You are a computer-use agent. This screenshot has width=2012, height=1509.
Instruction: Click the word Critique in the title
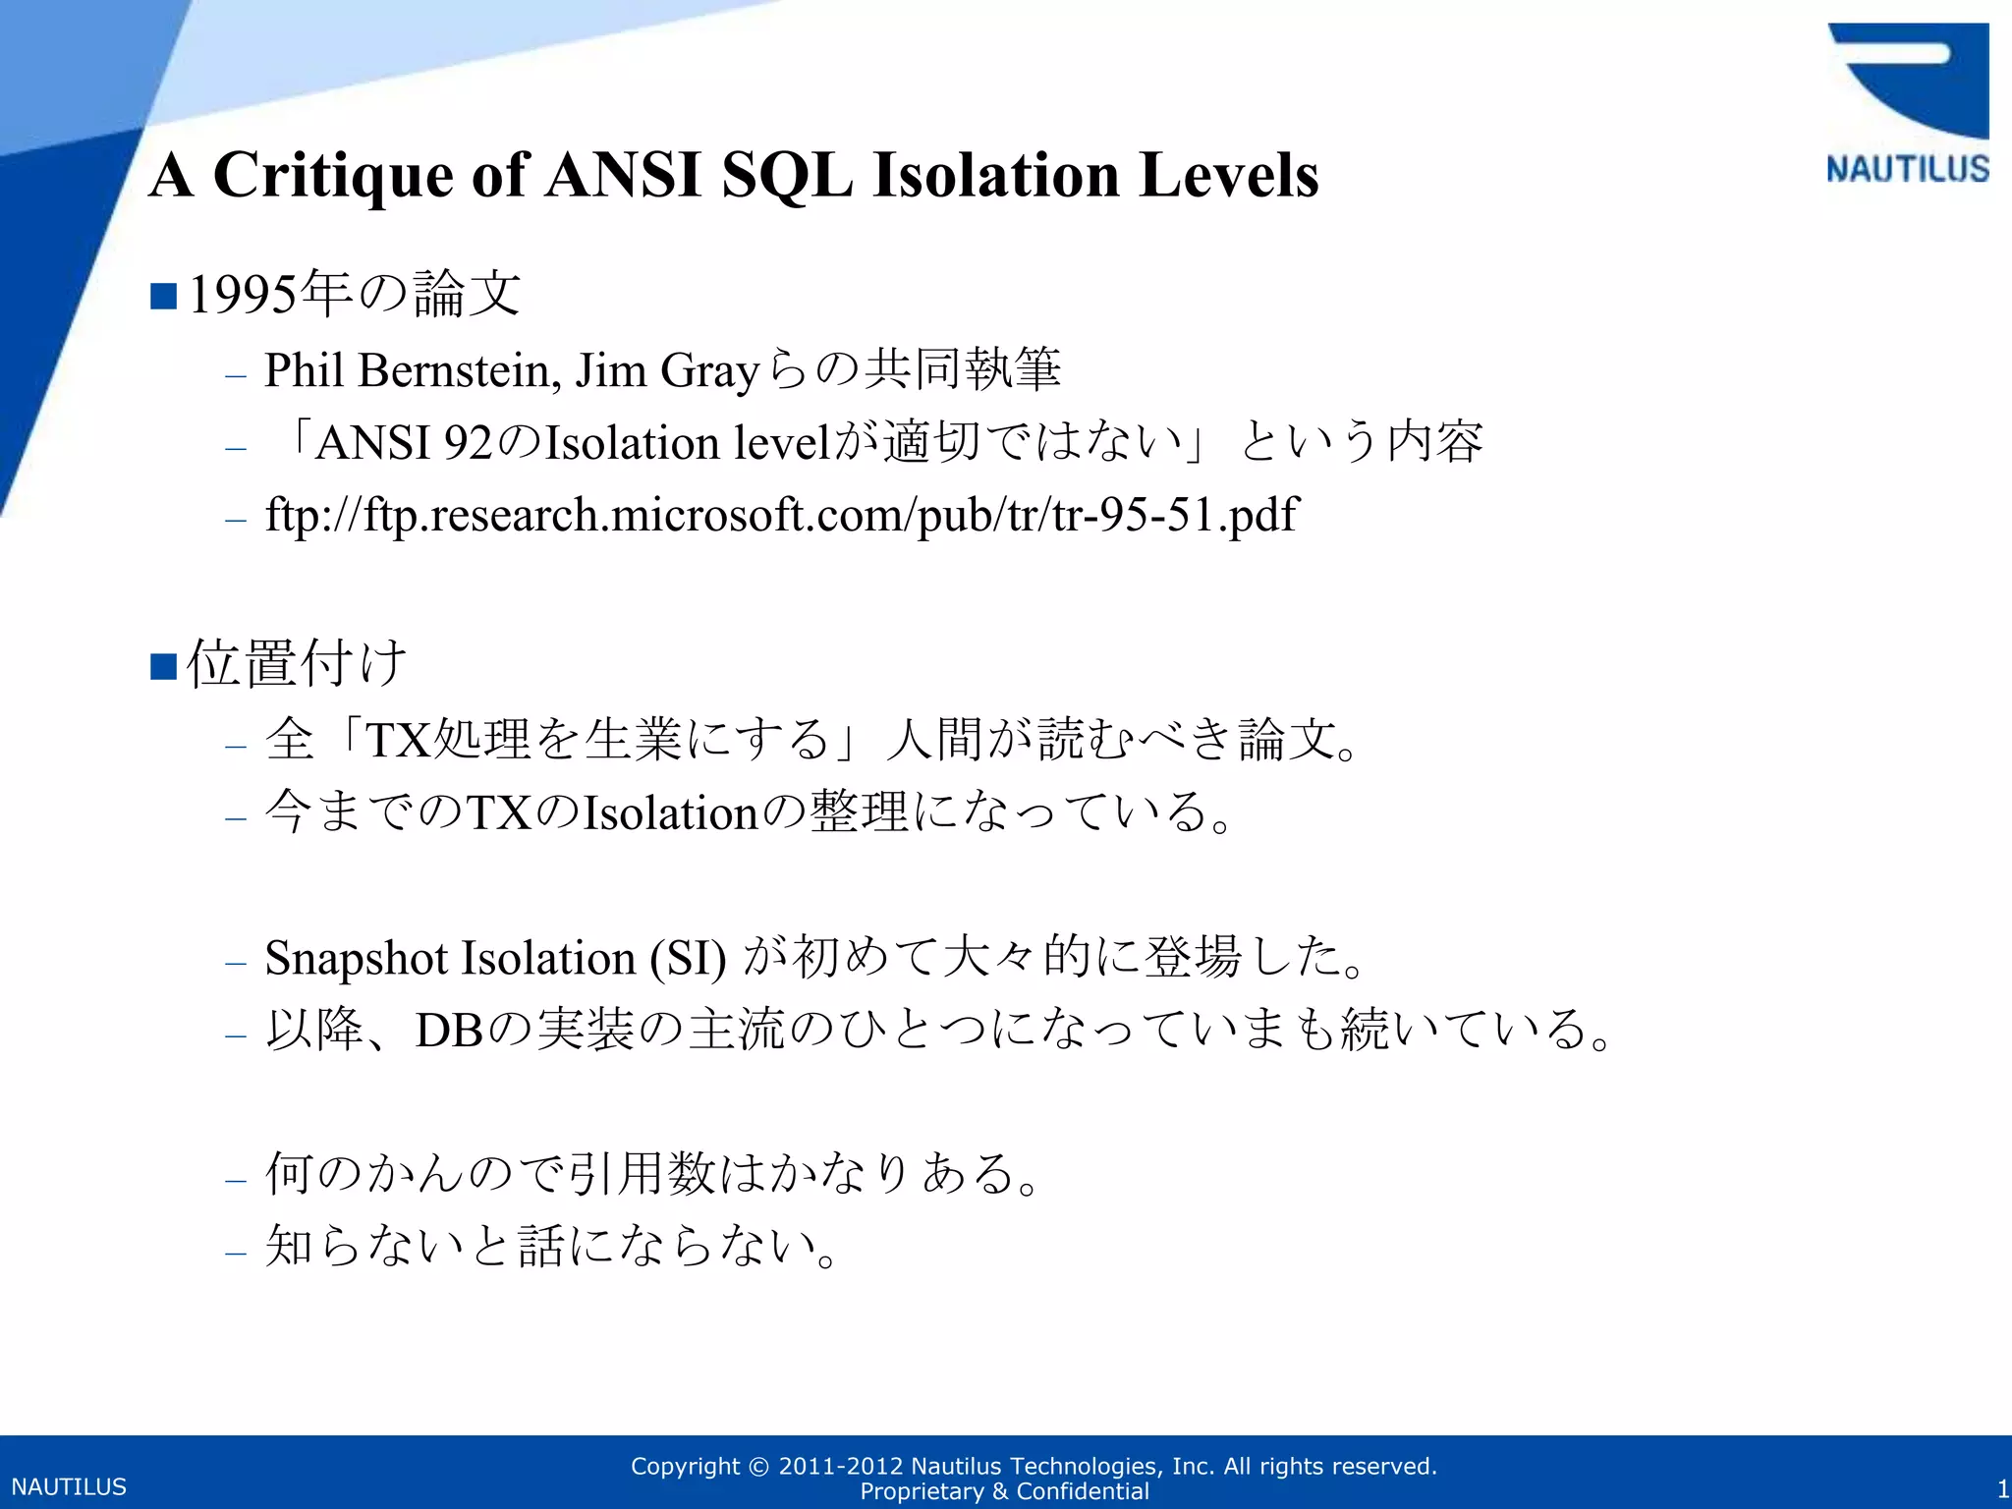(334, 175)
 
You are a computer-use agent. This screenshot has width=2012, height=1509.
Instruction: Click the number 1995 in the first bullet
(243, 295)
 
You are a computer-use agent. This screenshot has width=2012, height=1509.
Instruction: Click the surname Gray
(709, 371)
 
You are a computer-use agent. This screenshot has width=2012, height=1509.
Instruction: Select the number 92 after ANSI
(468, 443)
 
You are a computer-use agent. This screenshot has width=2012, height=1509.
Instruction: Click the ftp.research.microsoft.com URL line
(781, 515)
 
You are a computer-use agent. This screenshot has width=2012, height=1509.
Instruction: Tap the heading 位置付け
(297, 663)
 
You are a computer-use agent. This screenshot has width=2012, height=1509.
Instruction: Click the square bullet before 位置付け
(163, 666)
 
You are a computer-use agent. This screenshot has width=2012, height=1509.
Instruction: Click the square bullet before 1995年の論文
(163, 296)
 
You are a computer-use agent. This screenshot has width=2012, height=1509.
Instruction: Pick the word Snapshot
(356, 958)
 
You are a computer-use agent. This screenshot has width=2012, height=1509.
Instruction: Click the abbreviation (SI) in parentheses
(688, 958)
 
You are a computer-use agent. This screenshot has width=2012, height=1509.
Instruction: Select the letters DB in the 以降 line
(448, 1031)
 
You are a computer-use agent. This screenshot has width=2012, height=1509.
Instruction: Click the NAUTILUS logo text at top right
(1907, 169)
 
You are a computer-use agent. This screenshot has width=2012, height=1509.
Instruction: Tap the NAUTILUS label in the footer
(69, 1486)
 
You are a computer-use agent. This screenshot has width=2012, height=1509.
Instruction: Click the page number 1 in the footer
(2002, 1488)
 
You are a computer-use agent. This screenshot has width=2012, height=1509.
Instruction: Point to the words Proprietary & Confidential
(1004, 1491)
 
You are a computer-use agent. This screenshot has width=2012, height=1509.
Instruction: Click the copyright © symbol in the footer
(758, 1467)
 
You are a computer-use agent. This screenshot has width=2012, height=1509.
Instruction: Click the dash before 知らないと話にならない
(235, 1252)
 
